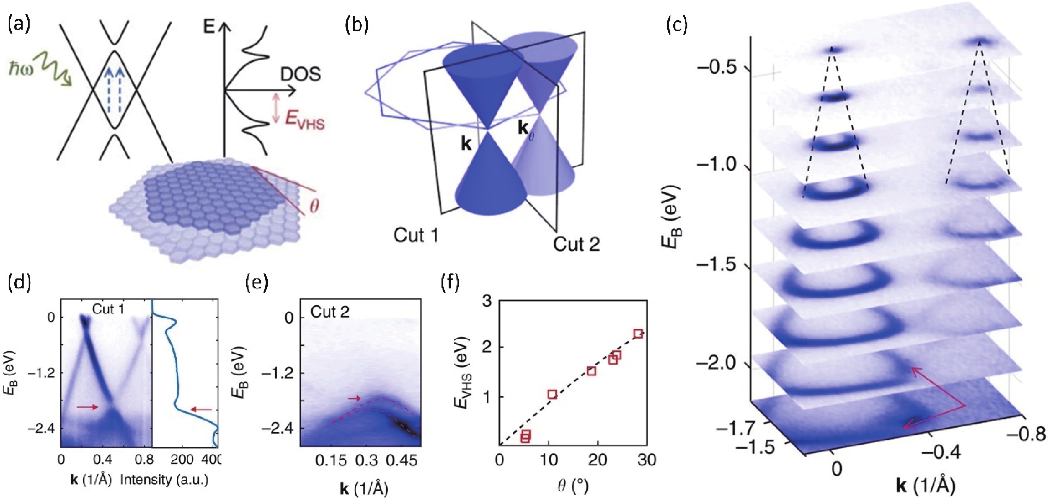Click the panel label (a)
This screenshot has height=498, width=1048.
tap(19, 25)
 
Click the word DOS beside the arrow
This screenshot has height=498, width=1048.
tap(300, 75)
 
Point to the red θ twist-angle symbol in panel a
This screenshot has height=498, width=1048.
tap(314, 207)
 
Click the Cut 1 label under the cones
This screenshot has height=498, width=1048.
tap(416, 235)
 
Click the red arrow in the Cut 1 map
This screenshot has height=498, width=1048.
tap(87, 407)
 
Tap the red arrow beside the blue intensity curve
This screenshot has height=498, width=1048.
tap(201, 409)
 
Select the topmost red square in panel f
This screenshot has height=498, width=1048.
tap(638, 334)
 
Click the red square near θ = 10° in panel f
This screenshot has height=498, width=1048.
tap(552, 394)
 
